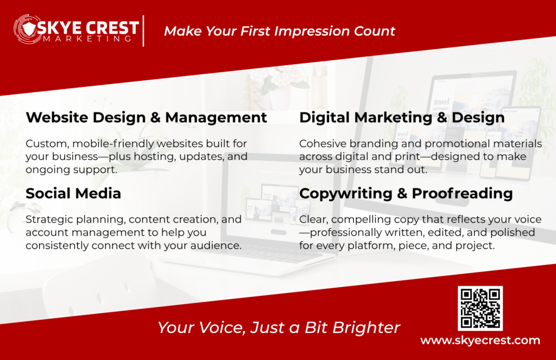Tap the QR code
(x=480, y=308)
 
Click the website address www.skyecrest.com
(x=480, y=340)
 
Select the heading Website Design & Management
(x=147, y=117)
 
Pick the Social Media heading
(x=73, y=193)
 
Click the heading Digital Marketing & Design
(x=402, y=117)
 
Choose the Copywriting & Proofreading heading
(x=406, y=193)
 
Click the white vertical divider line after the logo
(x=143, y=31)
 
